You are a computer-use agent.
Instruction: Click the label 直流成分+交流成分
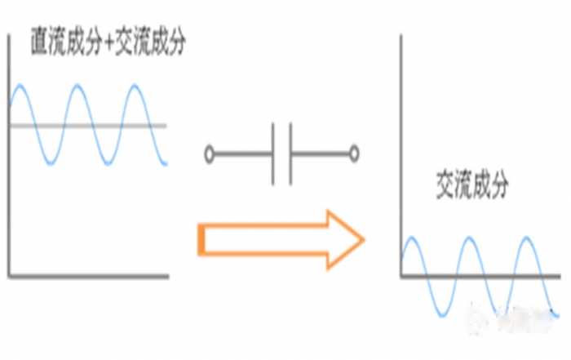pyautogui.click(x=108, y=42)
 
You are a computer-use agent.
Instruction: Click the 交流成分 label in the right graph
pyautogui.click(x=472, y=184)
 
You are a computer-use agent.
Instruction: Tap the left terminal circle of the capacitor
pyautogui.click(x=209, y=154)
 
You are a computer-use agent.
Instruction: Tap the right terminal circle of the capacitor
pyautogui.click(x=354, y=154)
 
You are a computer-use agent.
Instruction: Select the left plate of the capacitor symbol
pyautogui.click(x=272, y=154)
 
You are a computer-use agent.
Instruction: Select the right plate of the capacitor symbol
pyautogui.click(x=290, y=154)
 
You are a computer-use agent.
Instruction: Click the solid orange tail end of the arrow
pyautogui.click(x=201, y=240)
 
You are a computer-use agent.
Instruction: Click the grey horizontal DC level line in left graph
pyautogui.click(x=88, y=126)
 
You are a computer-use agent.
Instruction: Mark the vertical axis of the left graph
pyautogui.click(x=9, y=155)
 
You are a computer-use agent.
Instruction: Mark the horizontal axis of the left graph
pyautogui.click(x=88, y=277)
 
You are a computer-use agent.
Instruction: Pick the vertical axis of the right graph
pyautogui.click(x=401, y=156)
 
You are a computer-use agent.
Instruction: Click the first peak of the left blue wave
pyautogui.click(x=20, y=87)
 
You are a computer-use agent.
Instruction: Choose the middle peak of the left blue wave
pyautogui.click(x=77, y=87)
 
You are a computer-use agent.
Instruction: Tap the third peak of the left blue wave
pyautogui.click(x=135, y=87)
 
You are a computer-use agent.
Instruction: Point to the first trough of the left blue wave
pyautogui.click(x=51, y=163)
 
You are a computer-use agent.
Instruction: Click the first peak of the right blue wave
pyautogui.click(x=412, y=238)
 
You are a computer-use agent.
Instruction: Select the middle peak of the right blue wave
pyautogui.click(x=469, y=238)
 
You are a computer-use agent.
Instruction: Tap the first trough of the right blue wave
pyautogui.click(x=442, y=315)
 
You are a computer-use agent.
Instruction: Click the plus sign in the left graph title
pyautogui.click(x=108, y=42)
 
